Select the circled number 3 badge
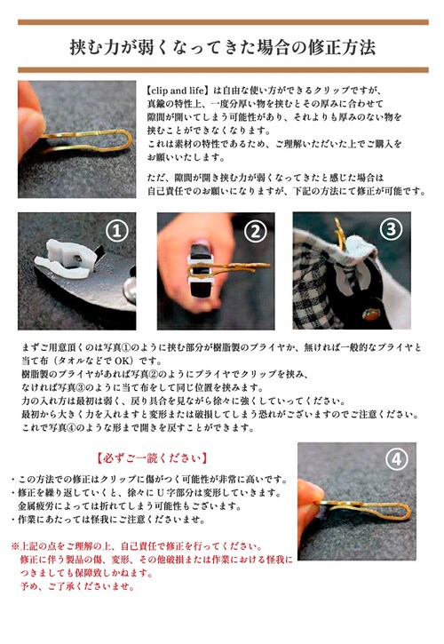(391, 231)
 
